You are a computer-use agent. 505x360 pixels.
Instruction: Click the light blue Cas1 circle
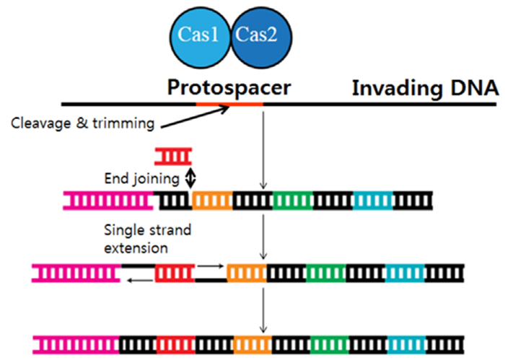click(x=200, y=38)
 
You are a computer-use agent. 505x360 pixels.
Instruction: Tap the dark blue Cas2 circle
click(x=261, y=38)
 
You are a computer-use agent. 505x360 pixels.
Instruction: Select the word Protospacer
click(x=229, y=87)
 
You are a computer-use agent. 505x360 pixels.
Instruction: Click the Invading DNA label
click(x=425, y=87)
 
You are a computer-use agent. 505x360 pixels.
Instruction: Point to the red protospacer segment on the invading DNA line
click(x=229, y=104)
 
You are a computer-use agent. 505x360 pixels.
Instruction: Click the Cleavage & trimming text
click(x=82, y=123)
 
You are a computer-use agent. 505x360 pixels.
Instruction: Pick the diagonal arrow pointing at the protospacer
click(x=195, y=117)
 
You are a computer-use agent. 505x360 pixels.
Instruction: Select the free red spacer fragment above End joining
click(x=173, y=157)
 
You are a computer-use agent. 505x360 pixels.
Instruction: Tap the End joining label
click(x=141, y=178)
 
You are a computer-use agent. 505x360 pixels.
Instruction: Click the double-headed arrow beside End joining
click(x=190, y=177)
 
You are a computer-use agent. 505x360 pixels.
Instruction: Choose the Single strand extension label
click(x=147, y=239)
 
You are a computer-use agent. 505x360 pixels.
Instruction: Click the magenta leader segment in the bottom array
click(x=76, y=345)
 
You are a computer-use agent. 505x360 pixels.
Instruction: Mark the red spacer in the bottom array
click(x=176, y=345)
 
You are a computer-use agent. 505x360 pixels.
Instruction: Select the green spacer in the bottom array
click(x=330, y=345)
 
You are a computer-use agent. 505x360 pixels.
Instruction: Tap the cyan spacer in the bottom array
click(x=406, y=345)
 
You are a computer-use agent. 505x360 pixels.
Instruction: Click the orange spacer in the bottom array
click(x=252, y=345)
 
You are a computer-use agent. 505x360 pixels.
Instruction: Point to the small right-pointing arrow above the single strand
click(x=211, y=266)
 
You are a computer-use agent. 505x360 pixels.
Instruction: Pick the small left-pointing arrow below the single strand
click(x=140, y=281)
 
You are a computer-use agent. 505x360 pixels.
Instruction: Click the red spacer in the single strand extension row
click(x=175, y=273)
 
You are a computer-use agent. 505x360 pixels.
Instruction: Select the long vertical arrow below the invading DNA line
click(x=263, y=150)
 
